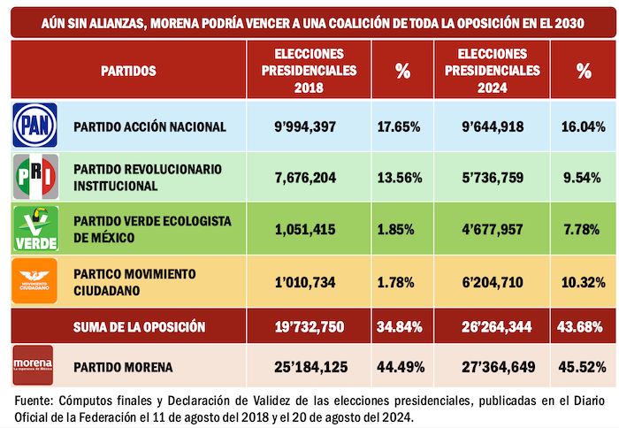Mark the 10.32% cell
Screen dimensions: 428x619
(584, 282)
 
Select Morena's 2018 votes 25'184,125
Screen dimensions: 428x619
(307, 365)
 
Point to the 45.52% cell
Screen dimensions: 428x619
(584, 365)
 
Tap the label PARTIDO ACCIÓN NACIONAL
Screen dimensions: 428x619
(149, 126)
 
